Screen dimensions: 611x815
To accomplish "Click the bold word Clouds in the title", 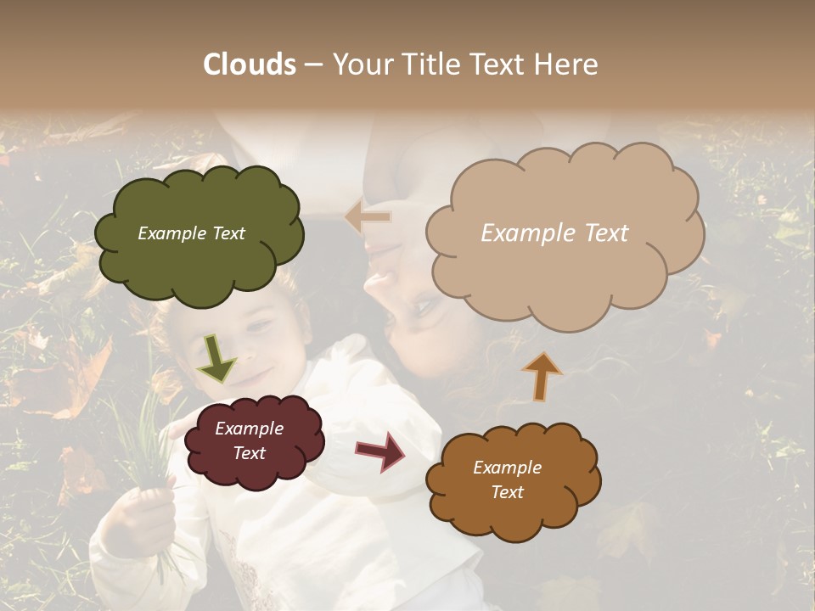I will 250,64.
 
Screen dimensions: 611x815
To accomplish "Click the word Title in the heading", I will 430,64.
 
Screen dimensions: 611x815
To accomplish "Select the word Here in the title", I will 568,64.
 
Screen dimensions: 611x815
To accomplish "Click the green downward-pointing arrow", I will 216,357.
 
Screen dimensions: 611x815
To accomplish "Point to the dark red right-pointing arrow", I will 381,451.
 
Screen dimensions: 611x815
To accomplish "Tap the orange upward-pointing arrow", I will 542,375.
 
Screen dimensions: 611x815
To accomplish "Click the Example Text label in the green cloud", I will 191,233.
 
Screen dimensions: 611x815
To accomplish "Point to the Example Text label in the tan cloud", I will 554,233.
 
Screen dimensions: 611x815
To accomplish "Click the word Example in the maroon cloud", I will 249,429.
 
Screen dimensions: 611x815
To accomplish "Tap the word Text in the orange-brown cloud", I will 507,492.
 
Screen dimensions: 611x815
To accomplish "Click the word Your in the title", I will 357,64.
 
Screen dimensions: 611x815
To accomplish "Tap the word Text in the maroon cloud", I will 249,453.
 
